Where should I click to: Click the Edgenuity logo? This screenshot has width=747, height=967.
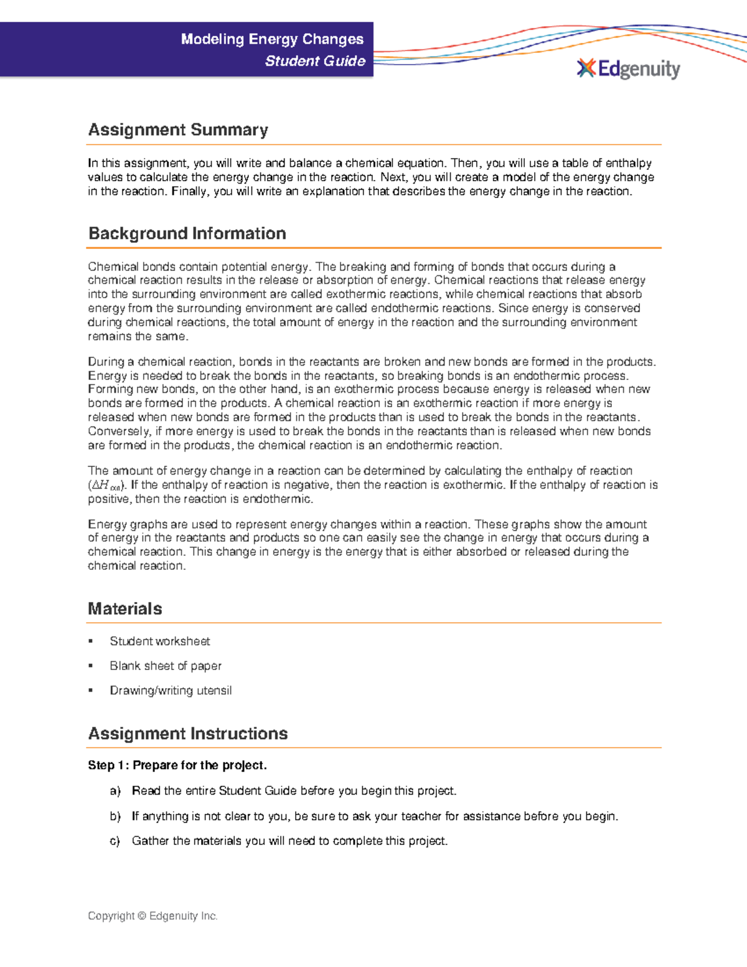click(x=629, y=68)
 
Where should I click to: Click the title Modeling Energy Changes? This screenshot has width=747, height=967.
click(x=272, y=39)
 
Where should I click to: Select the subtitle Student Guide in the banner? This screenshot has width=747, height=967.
click(x=315, y=61)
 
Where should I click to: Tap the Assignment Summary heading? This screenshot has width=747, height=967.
click(x=178, y=130)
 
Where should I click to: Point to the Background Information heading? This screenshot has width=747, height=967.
click(x=187, y=233)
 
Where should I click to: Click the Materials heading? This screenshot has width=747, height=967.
click(x=125, y=608)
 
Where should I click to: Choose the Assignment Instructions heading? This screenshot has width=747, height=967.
click(x=187, y=734)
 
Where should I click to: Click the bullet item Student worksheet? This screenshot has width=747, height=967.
click(x=159, y=641)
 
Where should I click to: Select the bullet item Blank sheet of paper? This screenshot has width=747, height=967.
click(x=166, y=666)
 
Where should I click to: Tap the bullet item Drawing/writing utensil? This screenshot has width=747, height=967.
click(x=171, y=691)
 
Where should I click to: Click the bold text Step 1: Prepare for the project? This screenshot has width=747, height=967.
click(x=177, y=765)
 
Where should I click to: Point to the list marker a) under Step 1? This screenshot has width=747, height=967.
click(x=115, y=791)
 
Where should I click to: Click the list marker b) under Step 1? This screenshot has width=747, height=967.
click(x=115, y=816)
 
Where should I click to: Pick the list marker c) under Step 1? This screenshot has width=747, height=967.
click(x=115, y=841)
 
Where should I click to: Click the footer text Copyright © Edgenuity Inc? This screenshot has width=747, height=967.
click(x=153, y=916)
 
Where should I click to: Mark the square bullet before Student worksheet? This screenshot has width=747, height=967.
click(x=91, y=641)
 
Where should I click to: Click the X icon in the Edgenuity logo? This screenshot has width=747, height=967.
click(x=586, y=68)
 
